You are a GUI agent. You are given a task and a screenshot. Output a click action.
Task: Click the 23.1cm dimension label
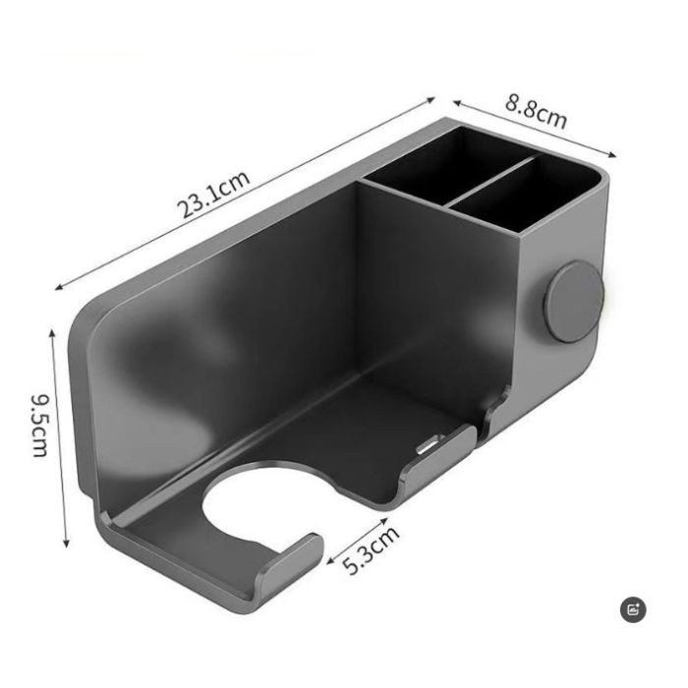(213, 195)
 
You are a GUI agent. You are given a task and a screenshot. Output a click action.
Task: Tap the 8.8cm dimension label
(537, 111)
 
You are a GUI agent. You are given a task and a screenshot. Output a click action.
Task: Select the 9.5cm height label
(39, 426)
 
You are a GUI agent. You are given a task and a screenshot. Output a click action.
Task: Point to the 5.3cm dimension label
(373, 551)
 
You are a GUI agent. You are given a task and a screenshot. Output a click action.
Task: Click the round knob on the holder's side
(573, 302)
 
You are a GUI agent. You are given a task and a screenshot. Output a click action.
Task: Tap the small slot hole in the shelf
(427, 447)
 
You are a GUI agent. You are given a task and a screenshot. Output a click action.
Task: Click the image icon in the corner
(634, 609)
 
